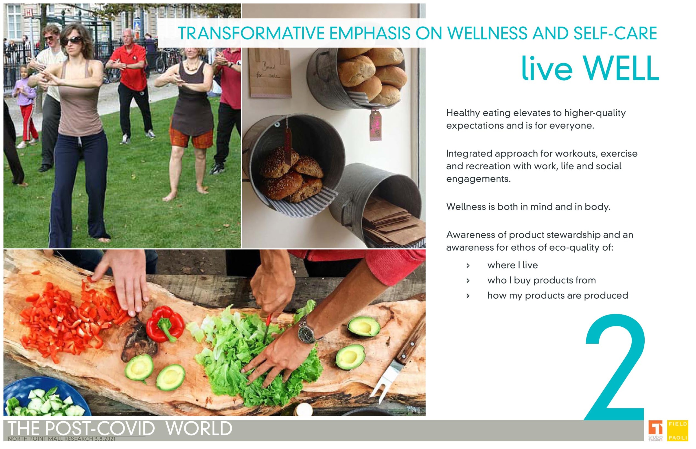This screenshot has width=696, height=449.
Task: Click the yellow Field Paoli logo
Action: [678, 431]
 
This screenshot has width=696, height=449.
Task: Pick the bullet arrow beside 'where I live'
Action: [468, 266]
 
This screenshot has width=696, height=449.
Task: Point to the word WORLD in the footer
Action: [199, 429]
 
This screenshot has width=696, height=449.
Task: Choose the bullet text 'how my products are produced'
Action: [558, 296]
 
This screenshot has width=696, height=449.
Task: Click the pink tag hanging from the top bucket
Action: [375, 125]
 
